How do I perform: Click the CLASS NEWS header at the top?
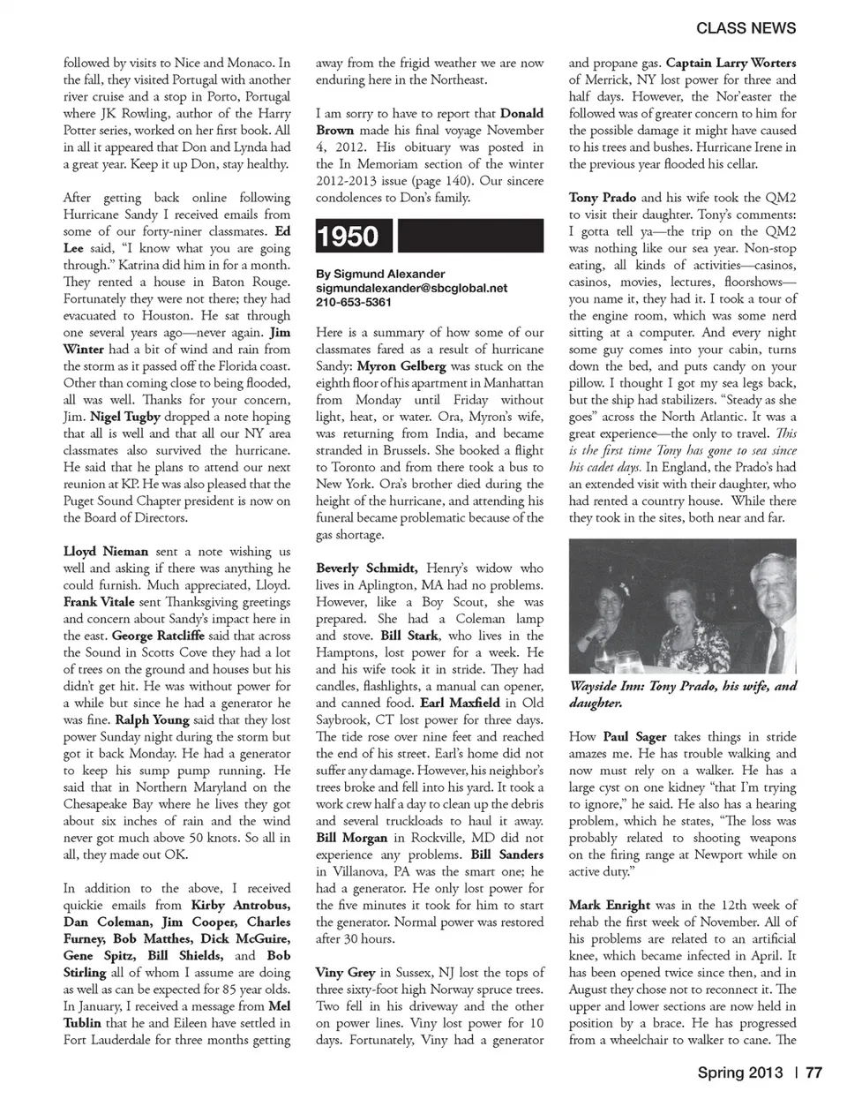746,28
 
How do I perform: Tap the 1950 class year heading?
348,237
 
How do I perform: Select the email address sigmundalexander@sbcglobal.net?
411,288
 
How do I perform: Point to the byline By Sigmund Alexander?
380,274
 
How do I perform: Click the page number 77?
813,1073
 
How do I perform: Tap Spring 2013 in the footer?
739,1073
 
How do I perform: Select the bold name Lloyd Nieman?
106,551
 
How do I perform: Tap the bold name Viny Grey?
345,972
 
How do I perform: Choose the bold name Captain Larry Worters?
731,63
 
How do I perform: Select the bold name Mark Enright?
609,905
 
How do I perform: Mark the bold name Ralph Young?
152,719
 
